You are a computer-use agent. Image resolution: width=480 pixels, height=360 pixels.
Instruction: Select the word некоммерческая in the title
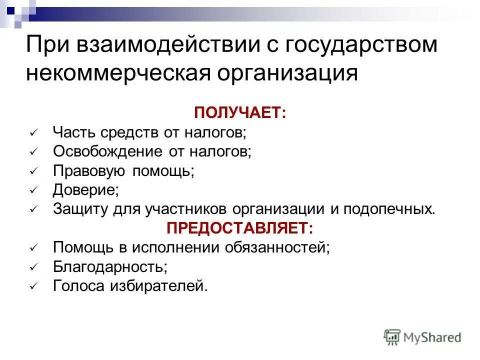tap(117, 73)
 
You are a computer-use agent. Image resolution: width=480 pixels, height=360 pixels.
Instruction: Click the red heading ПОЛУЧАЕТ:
tap(240, 112)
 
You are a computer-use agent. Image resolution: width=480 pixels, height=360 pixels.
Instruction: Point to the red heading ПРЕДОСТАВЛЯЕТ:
tap(240, 228)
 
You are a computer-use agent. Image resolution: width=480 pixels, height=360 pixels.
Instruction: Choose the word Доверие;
tap(85, 189)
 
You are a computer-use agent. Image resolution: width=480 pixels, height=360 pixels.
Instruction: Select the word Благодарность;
tap(110, 266)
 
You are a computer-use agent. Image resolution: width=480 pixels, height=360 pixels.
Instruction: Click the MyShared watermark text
tap(433, 338)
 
